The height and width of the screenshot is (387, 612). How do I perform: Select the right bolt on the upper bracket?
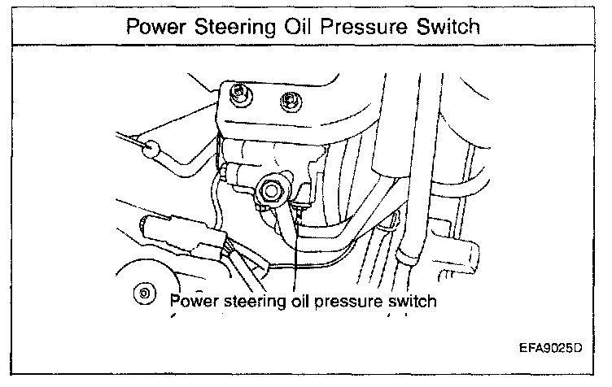[287, 100]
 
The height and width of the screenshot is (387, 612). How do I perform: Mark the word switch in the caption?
[414, 301]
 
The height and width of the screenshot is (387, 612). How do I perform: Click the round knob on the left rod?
[149, 148]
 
